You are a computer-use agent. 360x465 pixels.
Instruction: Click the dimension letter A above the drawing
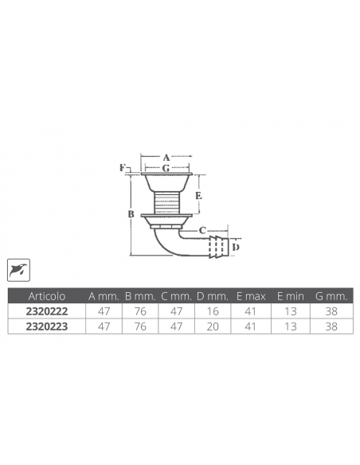166,158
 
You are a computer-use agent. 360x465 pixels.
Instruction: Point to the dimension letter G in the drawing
166,169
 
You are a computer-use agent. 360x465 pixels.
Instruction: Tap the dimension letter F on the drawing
123,168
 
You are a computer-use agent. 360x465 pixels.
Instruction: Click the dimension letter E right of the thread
198,194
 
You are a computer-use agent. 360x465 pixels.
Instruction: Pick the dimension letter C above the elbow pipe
202,230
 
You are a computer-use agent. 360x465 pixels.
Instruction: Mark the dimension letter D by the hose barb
235,245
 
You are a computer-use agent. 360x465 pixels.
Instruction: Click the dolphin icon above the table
17,271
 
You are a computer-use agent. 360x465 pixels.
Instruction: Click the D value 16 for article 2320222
212,311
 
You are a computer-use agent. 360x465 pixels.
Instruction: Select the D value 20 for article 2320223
212,326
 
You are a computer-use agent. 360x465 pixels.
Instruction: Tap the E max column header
250,295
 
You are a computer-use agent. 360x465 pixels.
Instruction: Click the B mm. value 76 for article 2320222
141,311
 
